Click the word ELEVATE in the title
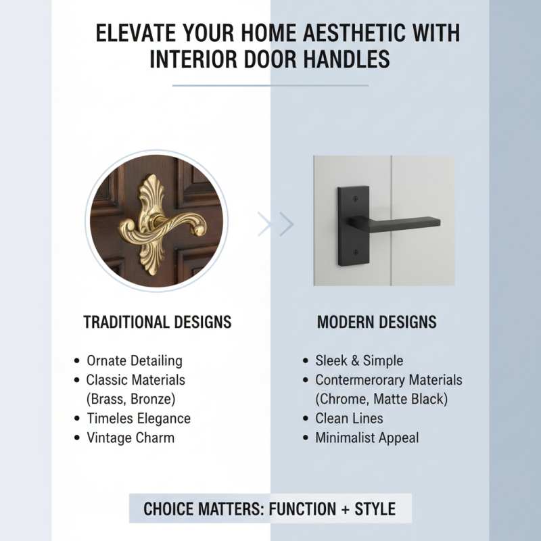click(x=134, y=33)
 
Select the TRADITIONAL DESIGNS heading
click(x=158, y=322)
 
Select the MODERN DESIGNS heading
click(x=377, y=322)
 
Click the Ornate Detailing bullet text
click(x=135, y=360)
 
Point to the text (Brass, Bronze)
click(x=131, y=399)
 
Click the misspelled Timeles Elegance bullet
click(x=139, y=419)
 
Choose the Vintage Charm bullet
click(x=131, y=438)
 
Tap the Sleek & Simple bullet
click(x=359, y=360)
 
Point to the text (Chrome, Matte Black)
click(x=381, y=399)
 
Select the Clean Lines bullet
click(x=349, y=419)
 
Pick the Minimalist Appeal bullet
click(x=367, y=438)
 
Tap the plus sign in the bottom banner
click(x=345, y=509)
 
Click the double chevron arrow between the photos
click(x=276, y=224)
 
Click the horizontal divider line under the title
click(x=270, y=86)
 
